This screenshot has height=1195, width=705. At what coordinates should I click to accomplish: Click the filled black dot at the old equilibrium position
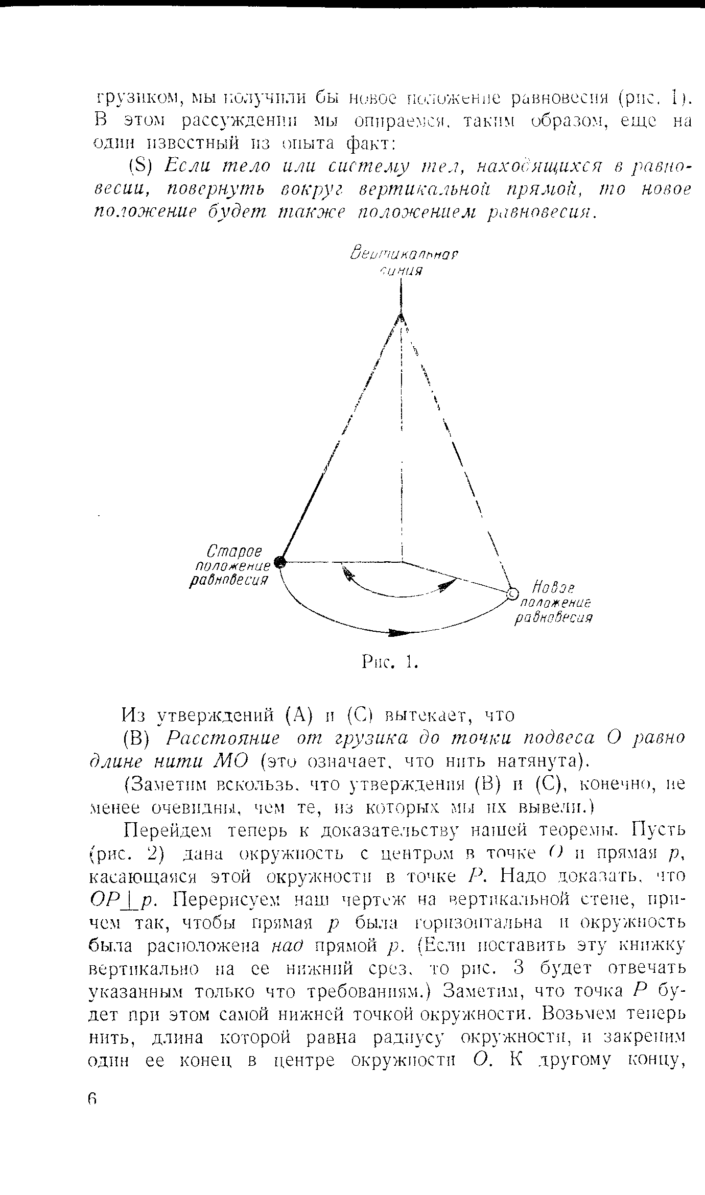(279, 562)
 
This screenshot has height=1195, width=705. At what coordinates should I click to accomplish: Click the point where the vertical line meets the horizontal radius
(402, 562)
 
